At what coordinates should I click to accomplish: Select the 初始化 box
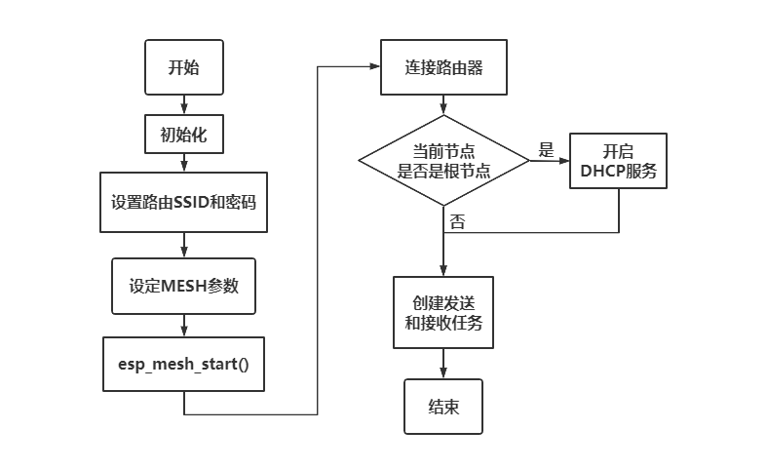[183, 135]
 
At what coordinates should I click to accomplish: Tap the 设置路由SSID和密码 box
[183, 203]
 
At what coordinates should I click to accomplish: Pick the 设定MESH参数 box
[183, 286]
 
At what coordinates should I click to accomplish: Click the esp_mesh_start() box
[183, 363]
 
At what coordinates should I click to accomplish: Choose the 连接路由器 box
[443, 67]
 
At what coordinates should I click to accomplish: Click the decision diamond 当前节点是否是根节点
[443, 160]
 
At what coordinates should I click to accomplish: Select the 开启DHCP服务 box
[618, 161]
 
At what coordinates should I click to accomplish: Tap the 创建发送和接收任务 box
[443, 313]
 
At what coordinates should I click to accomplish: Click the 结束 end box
[443, 407]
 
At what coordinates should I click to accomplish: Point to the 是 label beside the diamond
[546, 150]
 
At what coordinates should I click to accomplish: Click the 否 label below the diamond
[457, 221]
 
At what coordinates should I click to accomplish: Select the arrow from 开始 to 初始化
[183, 104]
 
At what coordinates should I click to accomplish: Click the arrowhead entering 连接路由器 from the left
[374, 67]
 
